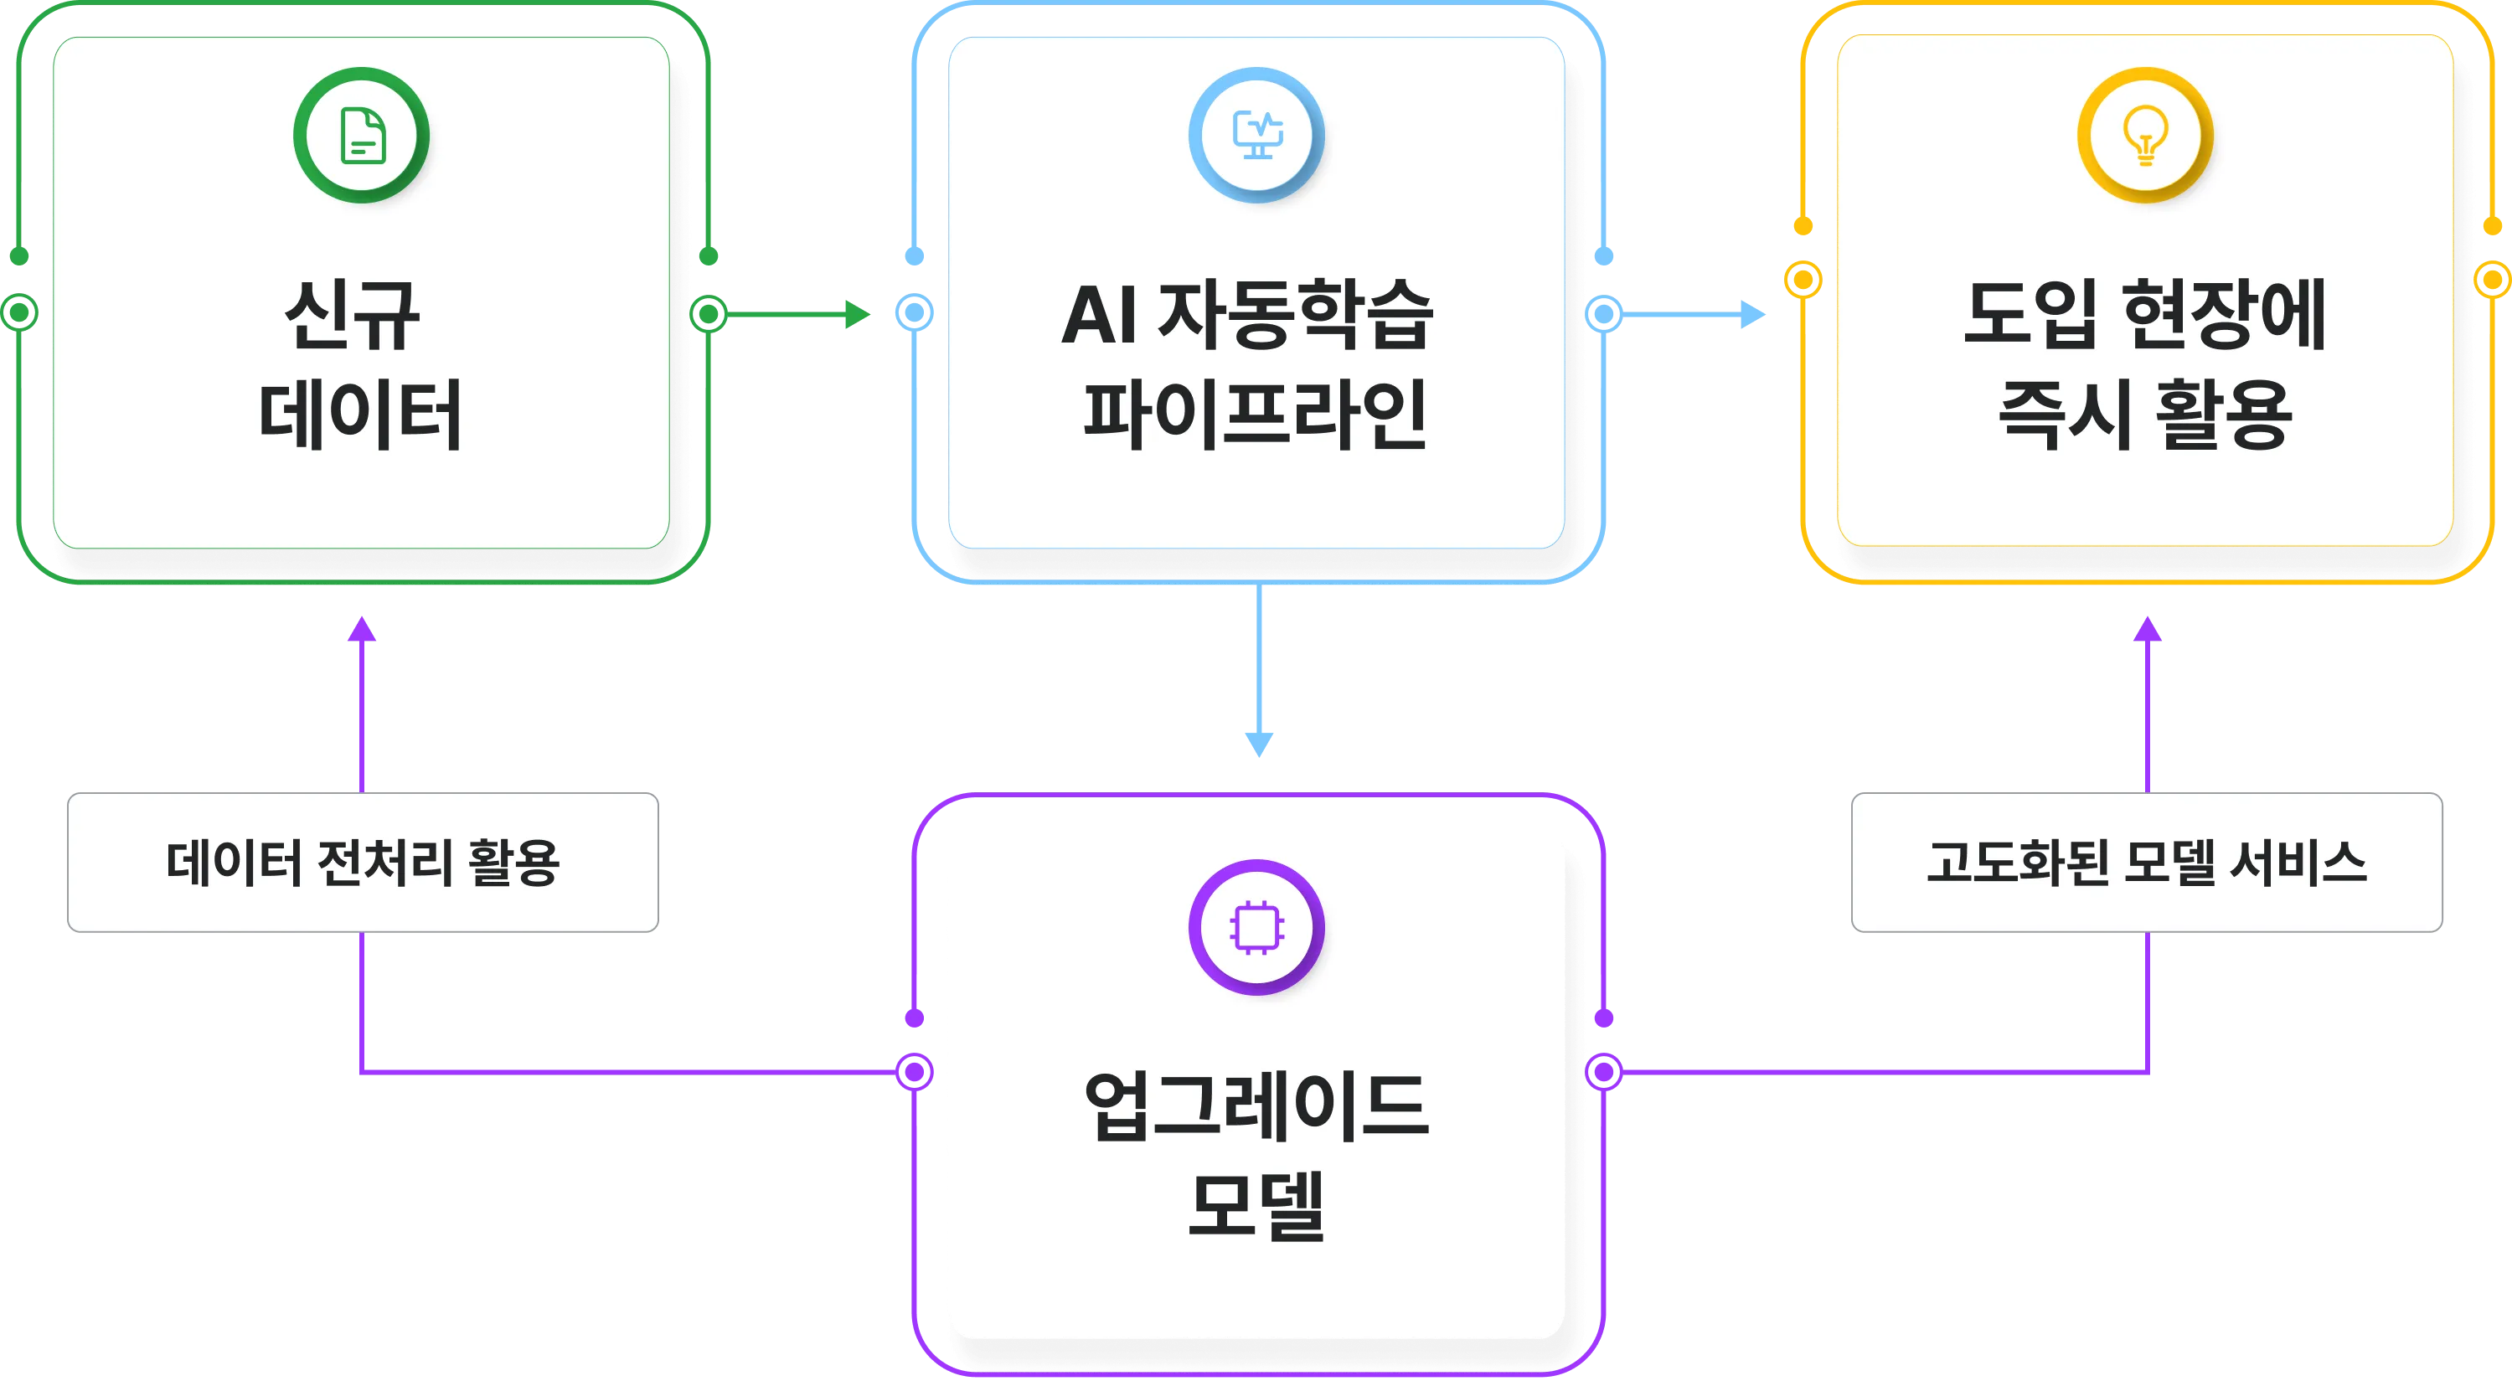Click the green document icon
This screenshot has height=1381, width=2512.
coord(362,136)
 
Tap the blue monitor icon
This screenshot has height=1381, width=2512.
coord(1257,136)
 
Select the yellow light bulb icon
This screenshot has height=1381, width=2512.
coord(2145,136)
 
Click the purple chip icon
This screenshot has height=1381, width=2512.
coord(1257,926)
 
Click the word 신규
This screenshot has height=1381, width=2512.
coord(353,315)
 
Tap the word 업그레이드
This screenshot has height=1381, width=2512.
coord(1256,1107)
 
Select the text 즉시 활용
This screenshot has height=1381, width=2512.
coord(2145,415)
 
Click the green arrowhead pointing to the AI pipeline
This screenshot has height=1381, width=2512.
coord(857,314)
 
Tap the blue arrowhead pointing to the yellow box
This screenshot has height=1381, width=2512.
coord(1752,314)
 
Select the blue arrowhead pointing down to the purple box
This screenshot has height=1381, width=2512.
coord(1259,745)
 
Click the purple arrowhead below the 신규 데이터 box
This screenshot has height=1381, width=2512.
coord(362,629)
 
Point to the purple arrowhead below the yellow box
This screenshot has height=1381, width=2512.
coord(2148,629)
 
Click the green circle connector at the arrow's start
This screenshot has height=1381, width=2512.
coord(709,314)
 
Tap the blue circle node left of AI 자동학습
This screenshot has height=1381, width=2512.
coord(915,313)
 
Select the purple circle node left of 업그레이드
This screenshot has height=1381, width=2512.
coord(915,1072)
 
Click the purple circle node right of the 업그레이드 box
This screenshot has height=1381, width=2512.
coord(1604,1072)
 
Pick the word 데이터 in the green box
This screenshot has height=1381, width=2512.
coord(360,415)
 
